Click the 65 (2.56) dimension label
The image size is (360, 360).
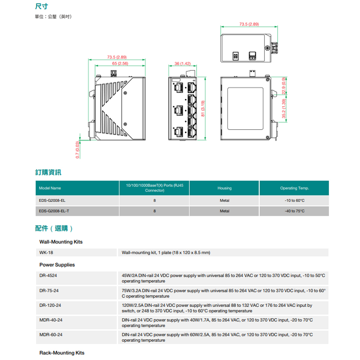(x=120, y=63)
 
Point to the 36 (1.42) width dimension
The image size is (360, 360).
(x=183, y=63)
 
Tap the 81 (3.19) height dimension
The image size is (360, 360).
(x=203, y=108)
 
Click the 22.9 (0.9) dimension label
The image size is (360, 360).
(x=284, y=86)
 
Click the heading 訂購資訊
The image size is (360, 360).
(x=48, y=172)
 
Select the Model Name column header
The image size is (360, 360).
(x=50, y=188)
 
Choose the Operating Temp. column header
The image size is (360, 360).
(x=294, y=188)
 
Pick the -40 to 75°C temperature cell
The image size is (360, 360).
(x=294, y=211)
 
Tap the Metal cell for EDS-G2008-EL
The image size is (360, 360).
(x=224, y=201)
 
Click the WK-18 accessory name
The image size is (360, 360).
(x=46, y=253)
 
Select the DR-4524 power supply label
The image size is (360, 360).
(x=48, y=276)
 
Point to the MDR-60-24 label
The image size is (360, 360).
(x=51, y=335)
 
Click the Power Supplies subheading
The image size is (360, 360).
(x=57, y=265)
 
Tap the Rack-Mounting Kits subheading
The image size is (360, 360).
(x=62, y=353)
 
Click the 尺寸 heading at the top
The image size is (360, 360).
(x=42, y=6)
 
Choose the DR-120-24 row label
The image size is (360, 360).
(x=50, y=305)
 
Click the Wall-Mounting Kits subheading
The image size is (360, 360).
(x=61, y=242)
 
